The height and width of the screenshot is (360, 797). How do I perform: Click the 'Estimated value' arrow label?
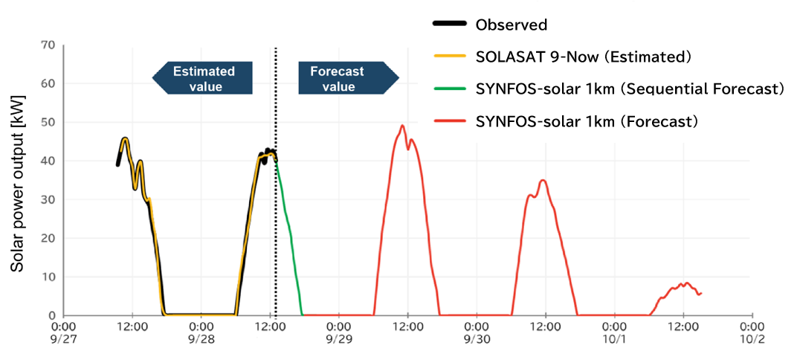203,78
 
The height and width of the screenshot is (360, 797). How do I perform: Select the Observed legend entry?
511,25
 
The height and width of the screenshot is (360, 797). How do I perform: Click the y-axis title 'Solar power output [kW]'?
16,182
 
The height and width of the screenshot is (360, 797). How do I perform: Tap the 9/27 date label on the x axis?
64,339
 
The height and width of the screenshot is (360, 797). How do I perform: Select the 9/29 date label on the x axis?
339,339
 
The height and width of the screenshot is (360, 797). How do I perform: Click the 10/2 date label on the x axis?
752,339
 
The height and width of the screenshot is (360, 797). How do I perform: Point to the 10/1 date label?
614,339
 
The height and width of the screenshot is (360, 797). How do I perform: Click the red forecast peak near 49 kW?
401,126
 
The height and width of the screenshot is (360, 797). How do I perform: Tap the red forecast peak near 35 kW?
543,180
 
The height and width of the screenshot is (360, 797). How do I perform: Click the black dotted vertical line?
276,223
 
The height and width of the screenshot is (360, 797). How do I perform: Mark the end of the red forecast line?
700,293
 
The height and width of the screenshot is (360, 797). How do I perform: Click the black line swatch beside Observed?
449,25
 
